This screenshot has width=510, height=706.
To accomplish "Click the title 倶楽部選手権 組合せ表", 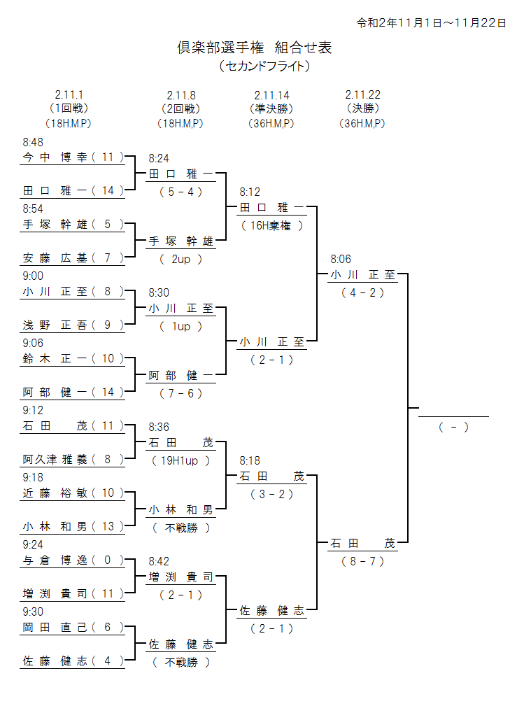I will click(x=254, y=48).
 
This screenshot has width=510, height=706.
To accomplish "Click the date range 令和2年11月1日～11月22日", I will click(x=431, y=22).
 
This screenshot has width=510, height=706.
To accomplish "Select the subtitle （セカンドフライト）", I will click(x=264, y=66).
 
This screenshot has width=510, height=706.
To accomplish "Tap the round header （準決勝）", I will click(x=271, y=108).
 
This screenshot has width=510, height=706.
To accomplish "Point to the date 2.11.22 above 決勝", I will click(x=362, y=94).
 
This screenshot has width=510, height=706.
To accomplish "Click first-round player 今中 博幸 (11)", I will click(x=73, y=157).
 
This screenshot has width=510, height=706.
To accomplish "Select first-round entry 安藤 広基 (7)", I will click(x=73, y=257).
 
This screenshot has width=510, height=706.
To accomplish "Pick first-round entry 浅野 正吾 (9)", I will click(x=73, y=325).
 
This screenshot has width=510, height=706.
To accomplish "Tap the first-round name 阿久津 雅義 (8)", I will click(x=73, y=459).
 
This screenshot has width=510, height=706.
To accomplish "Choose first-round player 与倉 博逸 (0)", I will click(x=73, y=560).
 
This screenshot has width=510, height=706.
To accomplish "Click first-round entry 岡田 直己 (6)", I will click(x=73, y=627).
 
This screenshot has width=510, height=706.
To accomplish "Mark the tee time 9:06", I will click(x=33, y=343).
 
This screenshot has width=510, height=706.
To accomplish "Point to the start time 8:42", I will click(x=159, y=561).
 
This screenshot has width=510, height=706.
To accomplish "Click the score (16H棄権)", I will click(x=271, y=225).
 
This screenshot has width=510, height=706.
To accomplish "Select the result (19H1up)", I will click(x=180, y=460).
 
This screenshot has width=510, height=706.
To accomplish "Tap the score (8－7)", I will click(x=362, y=561).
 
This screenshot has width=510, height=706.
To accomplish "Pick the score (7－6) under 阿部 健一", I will click(x=180, y=393).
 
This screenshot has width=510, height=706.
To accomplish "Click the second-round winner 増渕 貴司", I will click(x=180, y=577).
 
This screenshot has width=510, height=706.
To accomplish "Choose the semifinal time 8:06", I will click(x=341, y=259).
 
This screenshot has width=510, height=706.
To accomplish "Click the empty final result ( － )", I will click(x=453, y=427).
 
